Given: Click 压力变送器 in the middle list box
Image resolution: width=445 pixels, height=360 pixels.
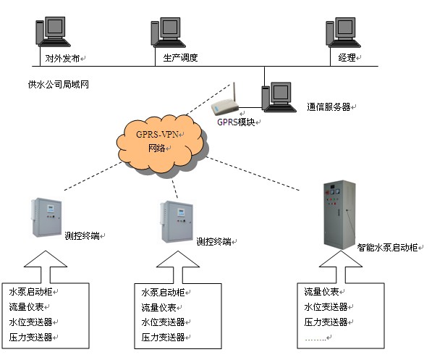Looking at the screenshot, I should [x=163, y=338].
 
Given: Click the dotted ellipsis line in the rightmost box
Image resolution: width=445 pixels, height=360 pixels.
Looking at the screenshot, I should [x=317, y=338].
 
